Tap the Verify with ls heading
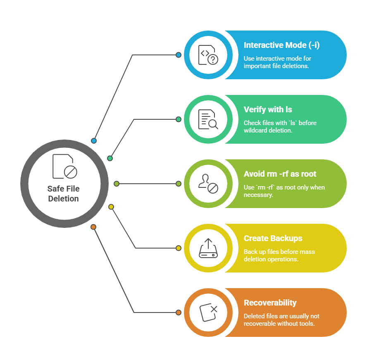point(268,109)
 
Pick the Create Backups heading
point(273,238)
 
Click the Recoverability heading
point(270,303)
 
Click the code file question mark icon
point(208,55)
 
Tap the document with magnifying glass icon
point(208,119)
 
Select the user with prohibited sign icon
point(208,184)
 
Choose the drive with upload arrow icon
point(208,248)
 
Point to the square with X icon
point(208,313)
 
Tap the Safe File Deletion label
point(63,194)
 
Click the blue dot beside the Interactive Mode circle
point(179,55)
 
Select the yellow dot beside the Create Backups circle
point(179,248)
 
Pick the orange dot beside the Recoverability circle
point(179,313)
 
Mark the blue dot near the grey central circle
point(94,141)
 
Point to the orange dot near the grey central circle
point(93,227)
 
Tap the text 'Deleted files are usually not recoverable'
point(281,320)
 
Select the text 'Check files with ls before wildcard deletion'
point(280,126)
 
